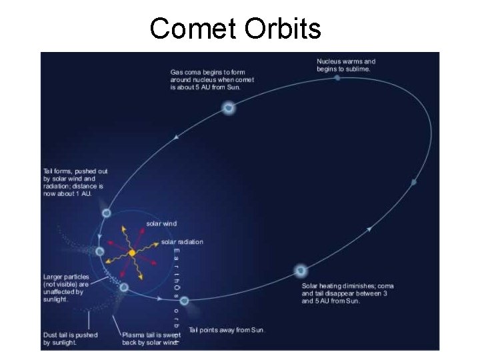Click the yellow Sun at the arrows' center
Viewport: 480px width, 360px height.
pyautogui.click(x=132, y=253)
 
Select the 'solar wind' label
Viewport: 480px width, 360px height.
pyautogui.click(x=161, y=223)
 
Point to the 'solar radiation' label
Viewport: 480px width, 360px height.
pyautogui.click(x=182, y=241)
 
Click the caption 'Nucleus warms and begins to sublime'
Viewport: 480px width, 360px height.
pyautogui.click(x=346, y=65)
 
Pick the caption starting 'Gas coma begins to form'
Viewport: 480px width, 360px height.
pyautogui.click(x=212, y=79)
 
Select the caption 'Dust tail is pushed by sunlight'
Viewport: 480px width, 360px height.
pyautogui.click(x=70, y=339)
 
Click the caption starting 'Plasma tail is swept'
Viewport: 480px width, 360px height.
pyautogui.click(x=151, y=339)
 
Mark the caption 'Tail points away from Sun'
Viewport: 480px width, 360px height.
pyautogui.click(x=226, y=329)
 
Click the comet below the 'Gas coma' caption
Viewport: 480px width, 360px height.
pyautogui.click(x=229, y=107)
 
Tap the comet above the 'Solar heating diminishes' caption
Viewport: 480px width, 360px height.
pyautogui.click(x=301, y=271)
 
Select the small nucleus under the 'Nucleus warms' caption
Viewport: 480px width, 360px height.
pyautogui.click(x=337, y=78)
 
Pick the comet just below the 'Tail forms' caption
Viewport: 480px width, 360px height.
pyautogui.click(x=106, y=213)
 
